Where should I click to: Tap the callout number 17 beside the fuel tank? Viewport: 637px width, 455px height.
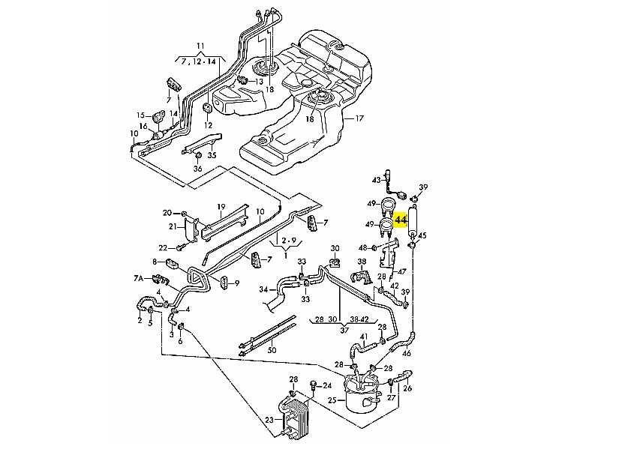point(359,118)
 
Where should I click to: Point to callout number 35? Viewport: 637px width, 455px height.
point(212,155)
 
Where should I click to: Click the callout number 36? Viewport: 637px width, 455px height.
point(198,169)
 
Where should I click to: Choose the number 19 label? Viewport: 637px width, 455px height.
point(221,206)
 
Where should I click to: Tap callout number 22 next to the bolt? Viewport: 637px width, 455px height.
point(162,247)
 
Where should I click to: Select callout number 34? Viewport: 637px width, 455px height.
point(263,289)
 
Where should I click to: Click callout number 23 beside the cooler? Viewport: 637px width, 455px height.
point(269,420)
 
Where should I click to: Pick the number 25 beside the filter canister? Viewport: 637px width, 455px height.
point(331,400)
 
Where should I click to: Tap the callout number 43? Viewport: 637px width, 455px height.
point(377,180)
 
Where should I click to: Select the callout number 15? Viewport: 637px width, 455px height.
point(140,115)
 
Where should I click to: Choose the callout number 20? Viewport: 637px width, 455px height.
point(167,213)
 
